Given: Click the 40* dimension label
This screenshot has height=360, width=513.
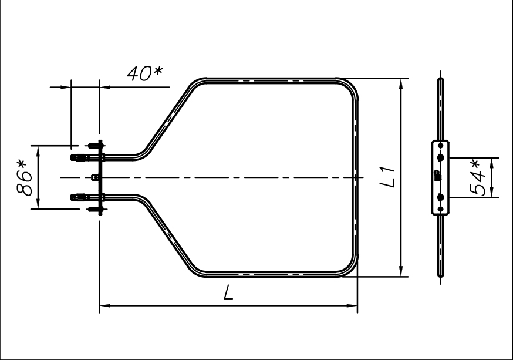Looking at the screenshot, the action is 144,73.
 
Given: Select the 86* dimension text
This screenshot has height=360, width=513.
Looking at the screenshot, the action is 25,178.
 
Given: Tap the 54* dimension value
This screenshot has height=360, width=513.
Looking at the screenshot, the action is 478,178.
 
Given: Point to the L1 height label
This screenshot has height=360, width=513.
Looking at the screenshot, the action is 388,177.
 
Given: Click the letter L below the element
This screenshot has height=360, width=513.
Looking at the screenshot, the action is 229,292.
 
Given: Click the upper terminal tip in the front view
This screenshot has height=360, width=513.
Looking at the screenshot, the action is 73,158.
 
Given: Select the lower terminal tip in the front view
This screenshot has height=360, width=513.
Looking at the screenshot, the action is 73,197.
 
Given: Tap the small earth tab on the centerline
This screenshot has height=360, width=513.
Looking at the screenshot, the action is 95,177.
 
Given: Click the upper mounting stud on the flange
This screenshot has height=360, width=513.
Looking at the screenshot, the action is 95,145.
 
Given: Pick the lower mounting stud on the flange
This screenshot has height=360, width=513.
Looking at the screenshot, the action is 95,209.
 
